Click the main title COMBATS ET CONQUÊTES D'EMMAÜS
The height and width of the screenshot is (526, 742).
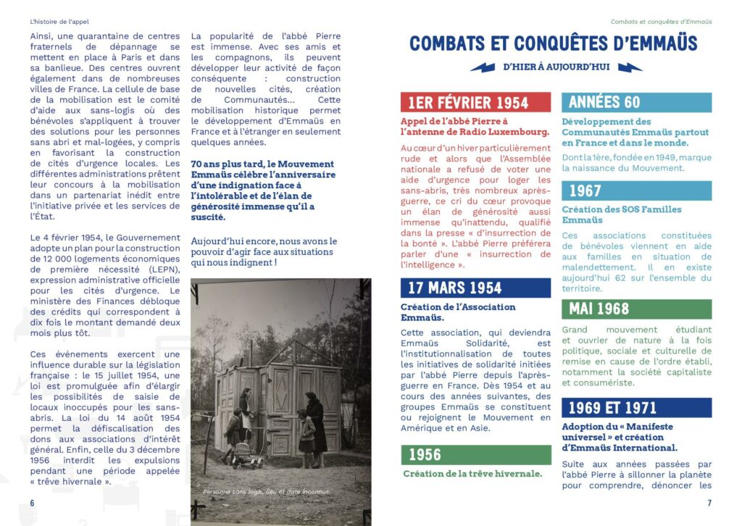pos(554,43)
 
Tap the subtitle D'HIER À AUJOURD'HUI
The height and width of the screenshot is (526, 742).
pos(556,67)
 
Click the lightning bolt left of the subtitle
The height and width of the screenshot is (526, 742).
pos(483,67)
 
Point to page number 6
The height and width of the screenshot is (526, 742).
pos(32,503)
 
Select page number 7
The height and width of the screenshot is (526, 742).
pos(709,503)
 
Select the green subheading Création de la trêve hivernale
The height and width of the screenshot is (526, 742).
pos(472,474)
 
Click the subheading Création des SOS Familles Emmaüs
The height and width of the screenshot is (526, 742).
pos(622,214)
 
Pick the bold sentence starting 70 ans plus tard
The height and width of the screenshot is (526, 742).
pos(262,191)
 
